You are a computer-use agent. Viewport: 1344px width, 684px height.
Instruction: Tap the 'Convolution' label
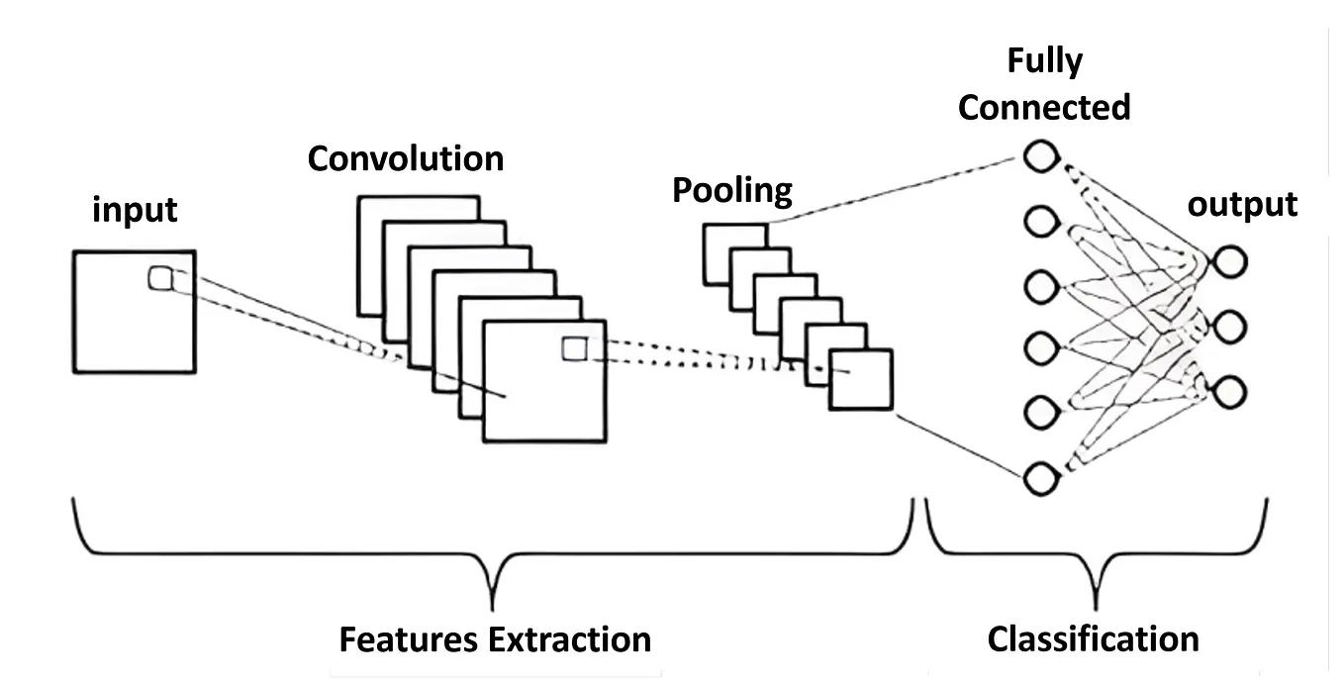point(405,158)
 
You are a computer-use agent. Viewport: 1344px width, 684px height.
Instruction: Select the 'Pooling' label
point(732,190)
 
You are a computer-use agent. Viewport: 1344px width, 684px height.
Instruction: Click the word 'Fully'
point(1044,62)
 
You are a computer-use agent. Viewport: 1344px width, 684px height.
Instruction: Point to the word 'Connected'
point(1044,107)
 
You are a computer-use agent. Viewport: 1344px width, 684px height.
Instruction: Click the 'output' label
point(1242,205)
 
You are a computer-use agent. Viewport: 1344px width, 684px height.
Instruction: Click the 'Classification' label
point(1093,638)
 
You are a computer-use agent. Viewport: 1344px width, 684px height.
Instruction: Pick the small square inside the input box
point(160,278)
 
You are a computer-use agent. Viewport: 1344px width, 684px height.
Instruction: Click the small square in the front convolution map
point(573,348)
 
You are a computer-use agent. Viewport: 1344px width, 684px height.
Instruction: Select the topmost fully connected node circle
point(1040,158)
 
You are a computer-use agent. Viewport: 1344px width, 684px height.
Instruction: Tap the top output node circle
point(1231,261)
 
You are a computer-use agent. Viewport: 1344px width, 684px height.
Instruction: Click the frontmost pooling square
point(861,379)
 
